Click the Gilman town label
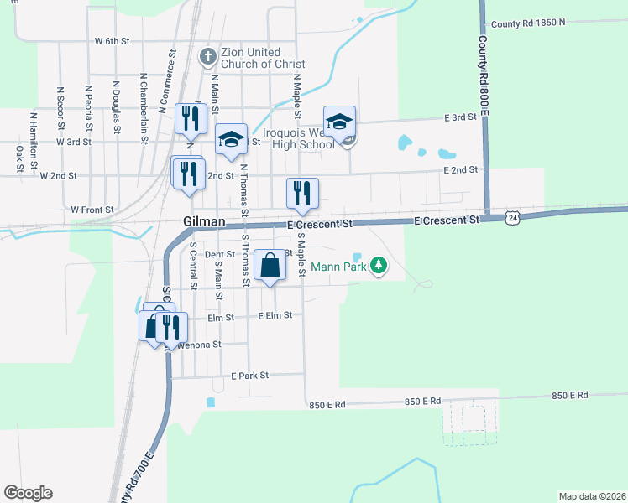(x=204, y=221)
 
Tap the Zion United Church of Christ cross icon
(x=207, y=57)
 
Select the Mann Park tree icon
(x=379, y=265)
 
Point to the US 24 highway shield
(x=512, y=218)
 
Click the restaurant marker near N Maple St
(x=301, y=194)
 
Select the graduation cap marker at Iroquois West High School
(x=340, y=122)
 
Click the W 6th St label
(x=113, y=40)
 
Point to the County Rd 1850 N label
(x=528, y=23)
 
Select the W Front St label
(x=92, y=210)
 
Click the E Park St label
(x=249, y=375)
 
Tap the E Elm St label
(x=275, y=315)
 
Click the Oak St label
(x=18, y=158)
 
